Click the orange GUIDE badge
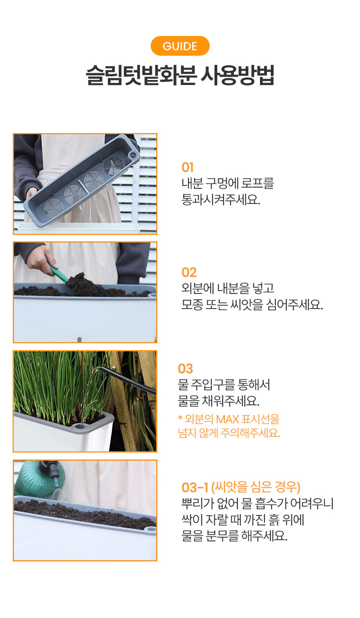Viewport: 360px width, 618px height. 180,46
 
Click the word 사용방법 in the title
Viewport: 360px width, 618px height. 237,75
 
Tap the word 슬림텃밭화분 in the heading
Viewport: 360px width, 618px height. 141,75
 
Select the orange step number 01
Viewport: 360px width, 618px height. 187,167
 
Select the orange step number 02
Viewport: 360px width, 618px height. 189,272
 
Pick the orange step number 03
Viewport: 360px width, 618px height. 185,368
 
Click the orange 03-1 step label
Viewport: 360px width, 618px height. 195,487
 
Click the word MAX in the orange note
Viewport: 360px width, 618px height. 227,419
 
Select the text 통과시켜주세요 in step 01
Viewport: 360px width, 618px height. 221,199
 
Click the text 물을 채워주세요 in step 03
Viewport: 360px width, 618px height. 219,401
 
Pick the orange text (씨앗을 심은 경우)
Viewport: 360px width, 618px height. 256,487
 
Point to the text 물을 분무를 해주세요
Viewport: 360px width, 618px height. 234,536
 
